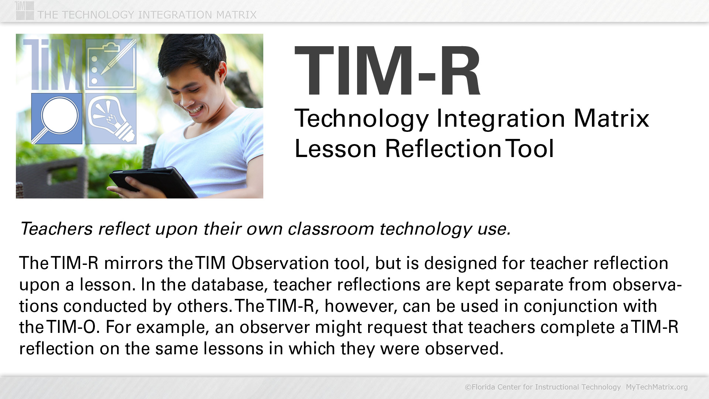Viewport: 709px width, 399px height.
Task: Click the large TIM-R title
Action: (387, 71)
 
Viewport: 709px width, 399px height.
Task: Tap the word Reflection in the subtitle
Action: (443, 149)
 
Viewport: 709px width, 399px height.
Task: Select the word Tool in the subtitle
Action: (530, 149)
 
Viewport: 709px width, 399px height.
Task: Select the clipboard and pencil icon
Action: (111, 64)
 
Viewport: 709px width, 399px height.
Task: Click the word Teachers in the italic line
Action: (56, 229)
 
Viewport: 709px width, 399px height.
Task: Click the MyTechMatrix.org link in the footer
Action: (657, 387)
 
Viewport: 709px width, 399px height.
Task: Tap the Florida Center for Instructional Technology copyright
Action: (543, 387)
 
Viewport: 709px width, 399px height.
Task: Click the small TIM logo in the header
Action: (25, 10)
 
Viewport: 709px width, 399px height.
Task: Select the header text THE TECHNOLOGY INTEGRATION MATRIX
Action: (147, 15)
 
